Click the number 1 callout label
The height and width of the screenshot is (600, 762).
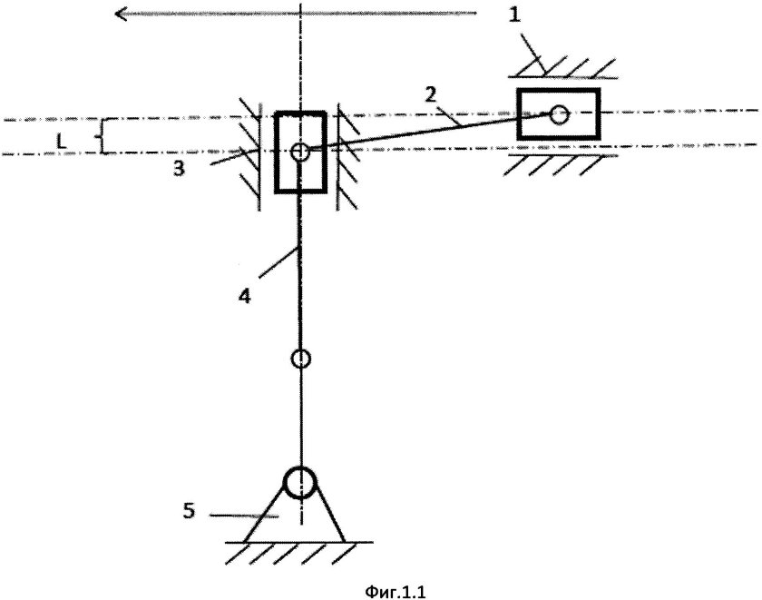pos(514,15)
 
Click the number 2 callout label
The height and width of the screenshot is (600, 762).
pos(430,94)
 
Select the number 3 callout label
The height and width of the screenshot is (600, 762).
pos(180,169)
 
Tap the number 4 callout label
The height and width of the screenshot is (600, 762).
pos(244,296)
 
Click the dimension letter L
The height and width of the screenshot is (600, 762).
pos(62,142)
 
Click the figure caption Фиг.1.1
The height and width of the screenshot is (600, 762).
pos(396,592)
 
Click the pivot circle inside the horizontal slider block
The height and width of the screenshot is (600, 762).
pos(560,114)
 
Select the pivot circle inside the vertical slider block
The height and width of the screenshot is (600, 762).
pos(300,152)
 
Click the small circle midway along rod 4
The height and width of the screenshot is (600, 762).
pos(300,359)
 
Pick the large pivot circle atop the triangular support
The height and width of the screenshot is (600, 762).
pos(300,482)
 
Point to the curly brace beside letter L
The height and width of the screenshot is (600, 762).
pos(103,136)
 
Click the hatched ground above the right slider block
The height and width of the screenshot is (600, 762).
pos(562,68)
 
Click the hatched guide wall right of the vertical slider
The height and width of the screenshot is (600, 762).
pos(348,156)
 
